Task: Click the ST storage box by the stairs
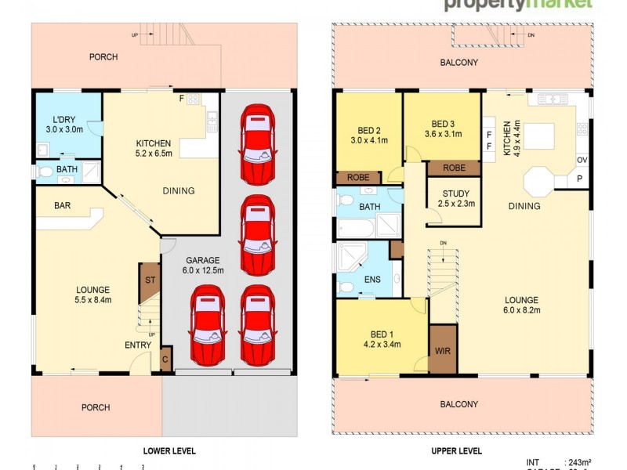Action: coord(149,279)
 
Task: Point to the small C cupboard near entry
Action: coord(165,360)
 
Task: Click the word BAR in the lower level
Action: coord(63,206)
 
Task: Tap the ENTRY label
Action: coord(138,345)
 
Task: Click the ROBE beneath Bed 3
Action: coord(454,168)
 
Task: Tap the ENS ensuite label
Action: coord(372,278)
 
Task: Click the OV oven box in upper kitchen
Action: coord(581,161)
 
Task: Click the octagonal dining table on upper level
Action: coord(542,182)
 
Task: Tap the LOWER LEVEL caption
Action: coord(169,451)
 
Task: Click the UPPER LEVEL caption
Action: coord(456,451)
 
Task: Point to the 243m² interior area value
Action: coord(579,462)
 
